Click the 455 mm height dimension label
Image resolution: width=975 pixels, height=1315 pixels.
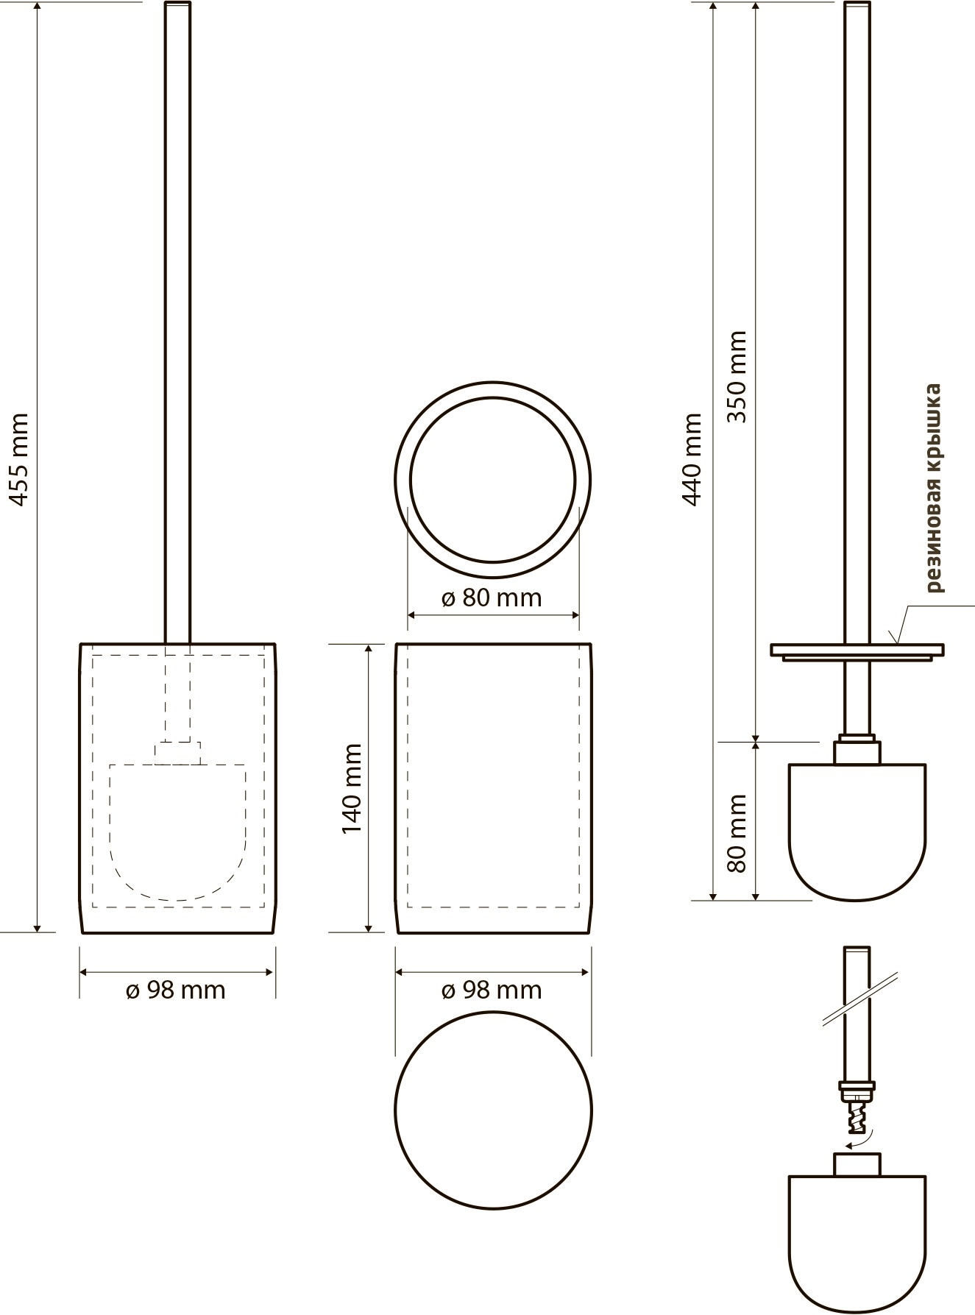[x=19, y=459]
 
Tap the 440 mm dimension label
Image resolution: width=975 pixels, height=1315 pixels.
[x=692, y=459]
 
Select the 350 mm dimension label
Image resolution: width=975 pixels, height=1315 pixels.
[x=736, y=377]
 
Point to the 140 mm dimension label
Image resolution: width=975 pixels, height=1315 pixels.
[x=352, y=788]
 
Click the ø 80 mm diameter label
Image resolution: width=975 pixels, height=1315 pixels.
[x=492, y=598]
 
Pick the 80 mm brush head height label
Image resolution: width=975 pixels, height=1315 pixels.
[x=736, y=832]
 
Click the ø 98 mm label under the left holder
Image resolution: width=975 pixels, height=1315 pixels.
[x=175, y=990]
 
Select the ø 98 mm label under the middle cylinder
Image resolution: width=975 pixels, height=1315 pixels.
[x=492, y=990]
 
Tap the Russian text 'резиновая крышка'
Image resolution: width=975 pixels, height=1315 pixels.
[x=933, y=488]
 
